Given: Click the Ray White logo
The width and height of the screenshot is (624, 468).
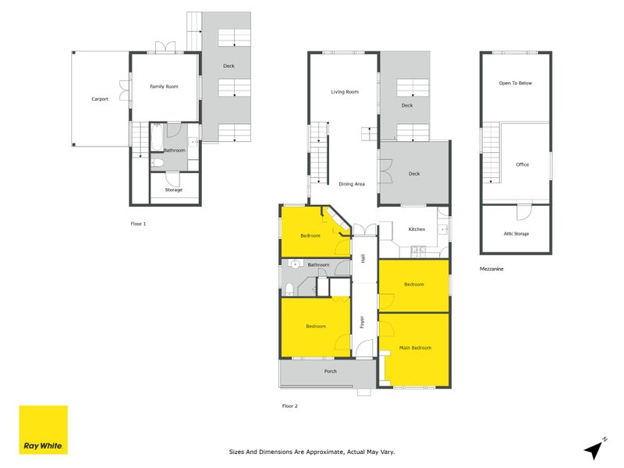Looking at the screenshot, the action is tap(44, 430).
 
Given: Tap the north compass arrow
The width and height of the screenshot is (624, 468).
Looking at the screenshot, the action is tap(595, 448).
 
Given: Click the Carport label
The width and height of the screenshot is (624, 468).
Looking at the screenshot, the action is tap(100, 99).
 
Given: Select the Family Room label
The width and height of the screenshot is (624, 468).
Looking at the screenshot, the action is tap(164, 87).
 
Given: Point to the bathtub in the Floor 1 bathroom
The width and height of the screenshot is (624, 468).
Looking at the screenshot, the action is tap(157, 136).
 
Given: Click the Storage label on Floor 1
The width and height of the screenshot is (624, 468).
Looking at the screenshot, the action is tap(173, 190).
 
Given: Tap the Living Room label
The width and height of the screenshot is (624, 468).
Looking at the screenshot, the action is tap(345, 92).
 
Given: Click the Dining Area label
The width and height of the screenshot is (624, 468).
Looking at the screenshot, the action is tap(352, 184).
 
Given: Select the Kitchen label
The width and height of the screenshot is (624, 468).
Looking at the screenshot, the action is tap(417, 229).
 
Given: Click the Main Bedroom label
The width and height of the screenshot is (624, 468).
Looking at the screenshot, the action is tap(415, 348).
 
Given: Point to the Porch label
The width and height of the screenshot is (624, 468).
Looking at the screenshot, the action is tap(330, 371).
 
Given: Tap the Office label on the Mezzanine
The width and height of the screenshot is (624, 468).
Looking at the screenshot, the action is tap(523, 165).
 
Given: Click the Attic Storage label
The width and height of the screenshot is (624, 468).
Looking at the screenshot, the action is tap(516, 234).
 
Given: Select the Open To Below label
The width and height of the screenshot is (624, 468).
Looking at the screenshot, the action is tap(516, 83).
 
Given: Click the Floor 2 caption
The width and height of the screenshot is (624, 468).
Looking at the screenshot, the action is tap(289, 406).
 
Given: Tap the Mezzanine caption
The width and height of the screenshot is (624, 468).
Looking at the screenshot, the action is tap(491, 269).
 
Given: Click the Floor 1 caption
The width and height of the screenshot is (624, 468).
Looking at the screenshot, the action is tap(138, 224).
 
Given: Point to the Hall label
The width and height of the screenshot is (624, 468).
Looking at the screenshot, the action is tap(363, 258).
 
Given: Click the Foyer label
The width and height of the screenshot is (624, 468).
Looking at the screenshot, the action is tap(362, 322).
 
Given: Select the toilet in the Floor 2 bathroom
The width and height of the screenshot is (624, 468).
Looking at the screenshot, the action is tap(289, 289).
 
